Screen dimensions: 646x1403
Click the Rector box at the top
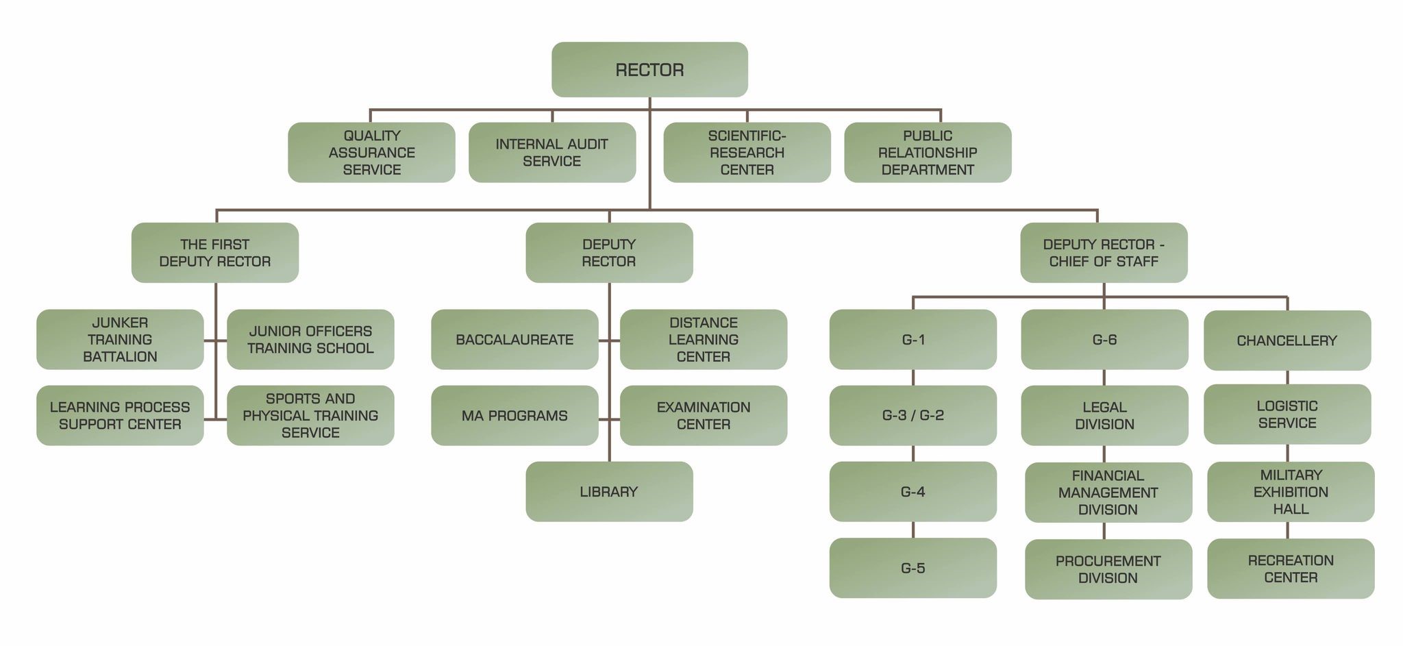649,70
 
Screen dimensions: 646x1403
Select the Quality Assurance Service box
371,153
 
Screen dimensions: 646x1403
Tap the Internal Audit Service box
552,153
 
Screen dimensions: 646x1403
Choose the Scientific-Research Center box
747,153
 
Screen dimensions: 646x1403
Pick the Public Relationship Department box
928,153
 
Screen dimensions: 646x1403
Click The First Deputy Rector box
215,253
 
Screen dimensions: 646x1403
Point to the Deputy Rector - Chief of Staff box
1104,253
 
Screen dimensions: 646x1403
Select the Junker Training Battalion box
120,340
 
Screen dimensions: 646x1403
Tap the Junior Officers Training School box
310,340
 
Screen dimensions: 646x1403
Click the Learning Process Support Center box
120,416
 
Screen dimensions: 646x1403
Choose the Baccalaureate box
514,340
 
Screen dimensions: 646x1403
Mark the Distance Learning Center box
704,340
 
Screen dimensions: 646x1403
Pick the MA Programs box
514,416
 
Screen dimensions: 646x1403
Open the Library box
609,492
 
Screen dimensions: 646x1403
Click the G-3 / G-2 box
912,416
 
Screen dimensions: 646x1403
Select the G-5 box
912,568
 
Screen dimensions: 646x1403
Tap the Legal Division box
1104,416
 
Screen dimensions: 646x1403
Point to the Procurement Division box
1108,569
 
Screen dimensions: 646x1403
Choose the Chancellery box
1287,340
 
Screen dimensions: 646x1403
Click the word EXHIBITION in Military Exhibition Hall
1291,492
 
